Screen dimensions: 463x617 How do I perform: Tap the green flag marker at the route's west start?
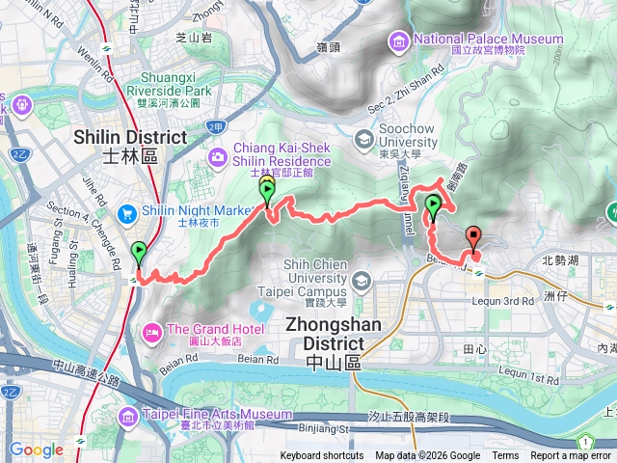140,254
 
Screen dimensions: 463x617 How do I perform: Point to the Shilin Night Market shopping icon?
127,213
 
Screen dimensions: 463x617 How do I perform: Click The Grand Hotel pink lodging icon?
152,334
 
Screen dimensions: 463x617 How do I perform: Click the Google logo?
36,449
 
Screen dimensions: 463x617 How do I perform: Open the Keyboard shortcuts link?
322,456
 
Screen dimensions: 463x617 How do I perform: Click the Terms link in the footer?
505,456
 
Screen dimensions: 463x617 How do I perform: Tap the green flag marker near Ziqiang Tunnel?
434,204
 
